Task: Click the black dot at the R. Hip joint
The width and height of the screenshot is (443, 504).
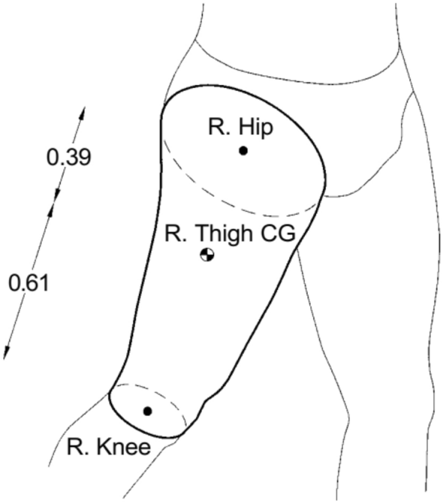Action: click(x=243, y=150)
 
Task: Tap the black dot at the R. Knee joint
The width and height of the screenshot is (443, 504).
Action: click(x=147, y=411)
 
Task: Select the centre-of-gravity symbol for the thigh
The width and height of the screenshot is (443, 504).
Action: click(x=207, y=255)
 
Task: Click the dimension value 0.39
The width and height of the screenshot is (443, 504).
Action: click(x=69, y=158)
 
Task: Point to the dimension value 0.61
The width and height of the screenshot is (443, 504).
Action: click(x=29, y=283)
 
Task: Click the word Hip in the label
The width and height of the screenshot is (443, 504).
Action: click(x=256, y=127)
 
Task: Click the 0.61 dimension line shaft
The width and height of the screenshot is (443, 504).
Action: click(x=29, y=280)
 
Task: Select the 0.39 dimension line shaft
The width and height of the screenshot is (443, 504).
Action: click(x=70, y=152)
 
